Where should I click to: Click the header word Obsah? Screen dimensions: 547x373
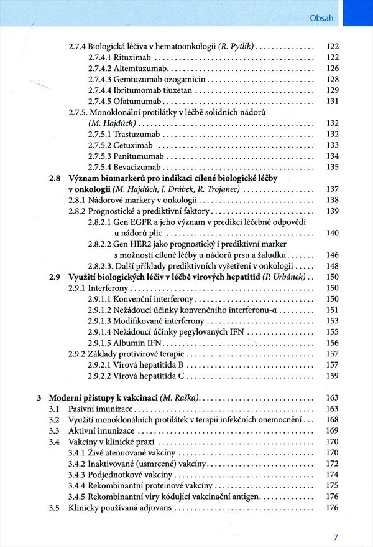(x=321, y=17)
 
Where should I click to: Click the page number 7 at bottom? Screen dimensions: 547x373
(x=335, y=537)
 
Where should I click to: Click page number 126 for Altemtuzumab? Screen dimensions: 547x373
(x=332, y=69)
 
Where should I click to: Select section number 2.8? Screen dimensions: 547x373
(x=55, y=178)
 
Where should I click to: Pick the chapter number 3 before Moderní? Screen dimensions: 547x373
(x=39, y=398)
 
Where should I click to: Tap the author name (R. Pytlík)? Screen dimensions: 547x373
(x=236, y=47)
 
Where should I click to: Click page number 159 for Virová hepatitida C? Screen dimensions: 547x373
(x=332, y=376)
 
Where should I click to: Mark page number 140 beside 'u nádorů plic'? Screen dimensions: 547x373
(x=332, y=233)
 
